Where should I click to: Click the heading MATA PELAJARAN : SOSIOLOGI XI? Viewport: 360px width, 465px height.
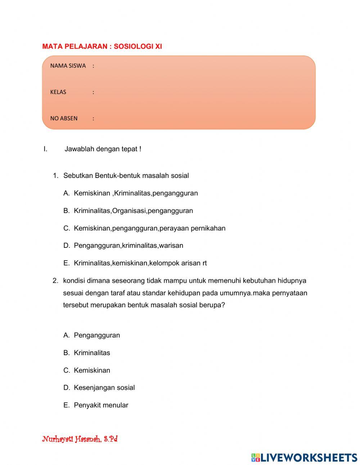click(102, 46)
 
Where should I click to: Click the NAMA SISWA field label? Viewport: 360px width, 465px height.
click(68, 66)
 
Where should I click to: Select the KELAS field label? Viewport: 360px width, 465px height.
click(58, 92)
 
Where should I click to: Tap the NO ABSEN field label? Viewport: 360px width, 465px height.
click(64, 119)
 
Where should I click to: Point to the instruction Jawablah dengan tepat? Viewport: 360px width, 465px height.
click(103, 149)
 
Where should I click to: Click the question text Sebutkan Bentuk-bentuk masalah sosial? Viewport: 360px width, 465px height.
click(126, 176)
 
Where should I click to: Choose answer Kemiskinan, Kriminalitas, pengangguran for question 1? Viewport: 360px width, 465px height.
click(136, 193)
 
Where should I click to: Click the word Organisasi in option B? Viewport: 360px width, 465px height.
click(129, 211)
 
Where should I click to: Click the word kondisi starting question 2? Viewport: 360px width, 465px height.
click(74, 281)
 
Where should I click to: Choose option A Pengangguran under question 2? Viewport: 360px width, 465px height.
click(96, 335)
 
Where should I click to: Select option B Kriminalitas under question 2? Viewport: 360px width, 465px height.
click(92, 353)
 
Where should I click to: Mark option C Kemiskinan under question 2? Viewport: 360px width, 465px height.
click(92, 370)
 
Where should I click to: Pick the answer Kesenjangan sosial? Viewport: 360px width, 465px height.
click(104, 388)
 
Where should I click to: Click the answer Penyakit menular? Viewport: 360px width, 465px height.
click(101, 405)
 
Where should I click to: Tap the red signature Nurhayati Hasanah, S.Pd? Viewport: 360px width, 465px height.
click(80, 439)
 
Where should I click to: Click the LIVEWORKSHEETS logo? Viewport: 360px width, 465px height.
click(304, 457)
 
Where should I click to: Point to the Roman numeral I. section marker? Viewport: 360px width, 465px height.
click(45, 149)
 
